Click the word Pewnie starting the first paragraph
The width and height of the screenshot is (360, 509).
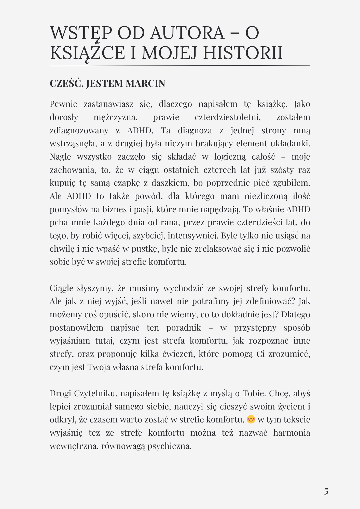click(63, 104)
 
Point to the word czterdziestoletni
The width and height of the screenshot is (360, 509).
click(228, 117)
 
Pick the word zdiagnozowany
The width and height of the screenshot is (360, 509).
click(79, 130)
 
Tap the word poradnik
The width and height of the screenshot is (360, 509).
click(184, 328)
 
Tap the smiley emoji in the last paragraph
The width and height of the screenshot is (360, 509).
click(251, 419)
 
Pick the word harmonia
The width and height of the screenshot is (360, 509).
click(292, 433)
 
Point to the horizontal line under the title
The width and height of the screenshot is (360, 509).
click(180, 65)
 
